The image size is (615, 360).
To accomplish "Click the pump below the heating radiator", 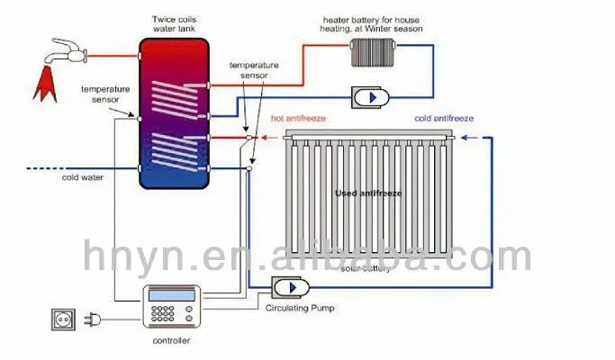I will click(368, 96).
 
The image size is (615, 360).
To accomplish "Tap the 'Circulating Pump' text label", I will click(298, 309).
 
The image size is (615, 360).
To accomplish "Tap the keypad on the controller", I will click(165, 315).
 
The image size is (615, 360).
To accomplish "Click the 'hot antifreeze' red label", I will click(299, 118).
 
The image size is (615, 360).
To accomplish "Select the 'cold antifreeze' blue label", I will click(444, 118).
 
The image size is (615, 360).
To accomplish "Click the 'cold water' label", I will click(82, 177).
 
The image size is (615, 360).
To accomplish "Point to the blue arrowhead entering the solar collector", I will click(462, 138).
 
